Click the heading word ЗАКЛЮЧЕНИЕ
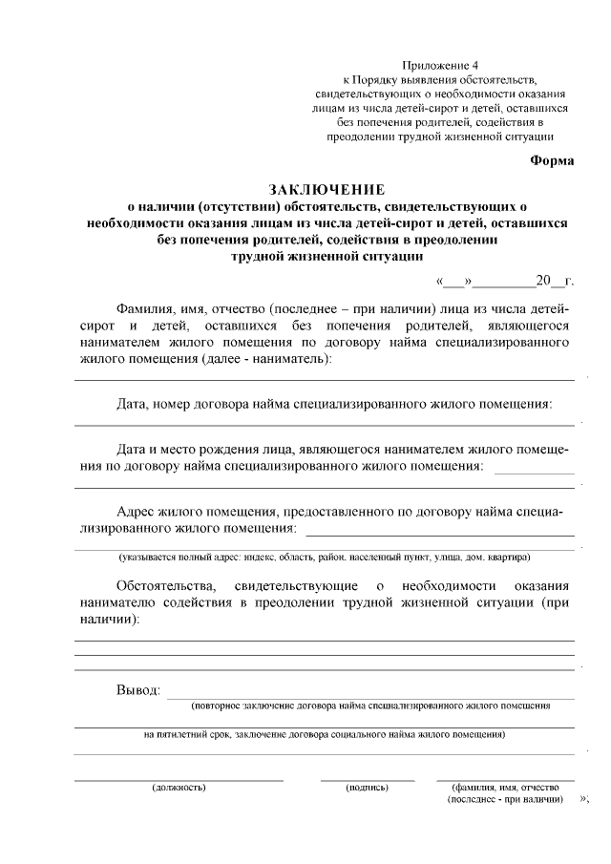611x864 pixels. pyautogui.click(x=327, y=189)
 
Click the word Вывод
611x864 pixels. pyautogui.click(x=137, y=690)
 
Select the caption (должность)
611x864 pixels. pyautogui.click(x=179, y=788)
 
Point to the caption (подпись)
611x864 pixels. pyautogui.click(x=368, y=788)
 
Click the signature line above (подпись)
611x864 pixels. pyautogui.click(x=368, y=779)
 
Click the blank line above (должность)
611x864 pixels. pyautogui.click(x=179, y=779)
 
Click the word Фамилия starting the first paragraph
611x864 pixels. pyautogui.click(x=145, y=309)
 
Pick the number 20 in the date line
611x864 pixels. pyautogui.click(x=544, y=281)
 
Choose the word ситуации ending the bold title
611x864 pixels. pyautogui.click(x=385, y=256)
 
